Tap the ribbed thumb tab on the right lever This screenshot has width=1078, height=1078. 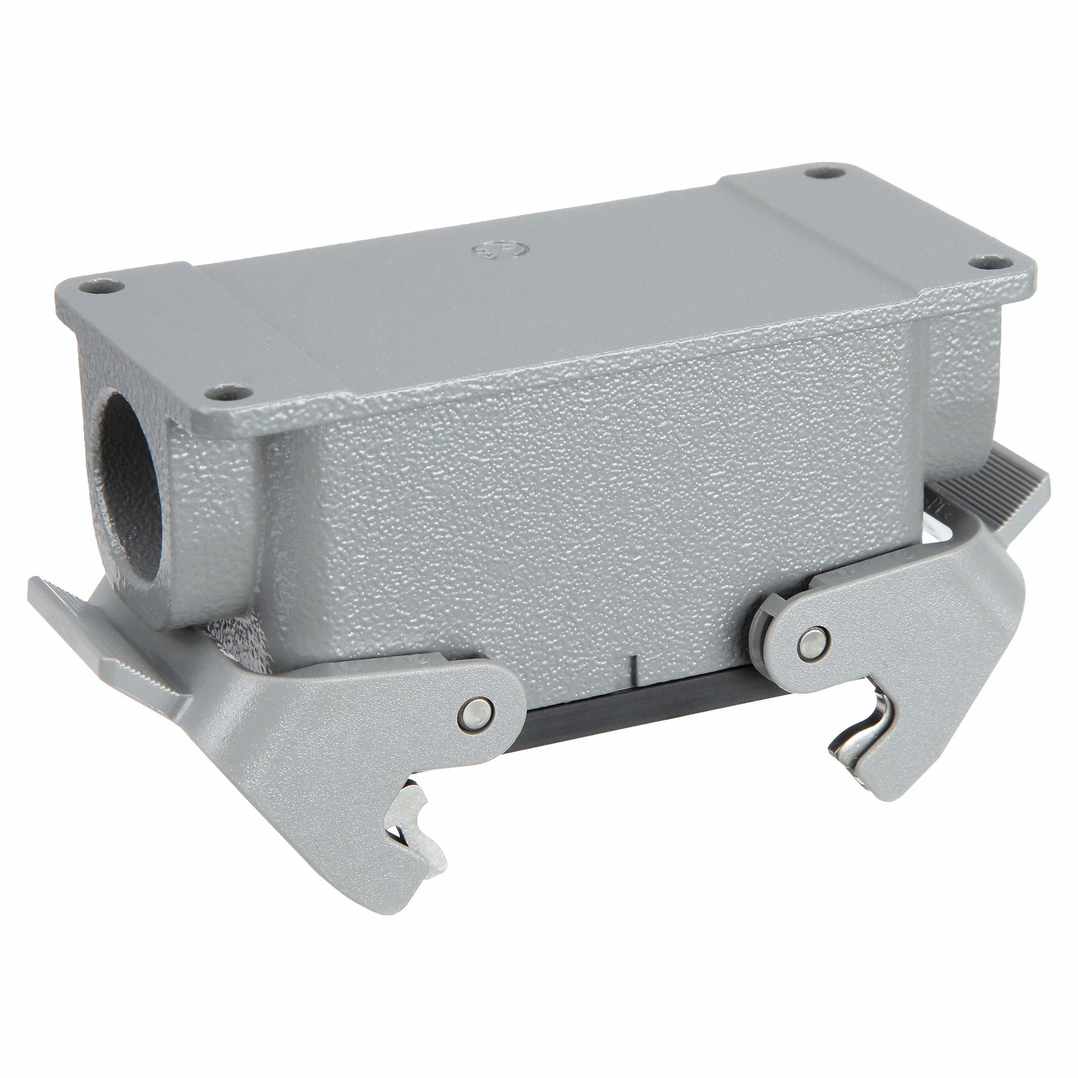coord(1005,489)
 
